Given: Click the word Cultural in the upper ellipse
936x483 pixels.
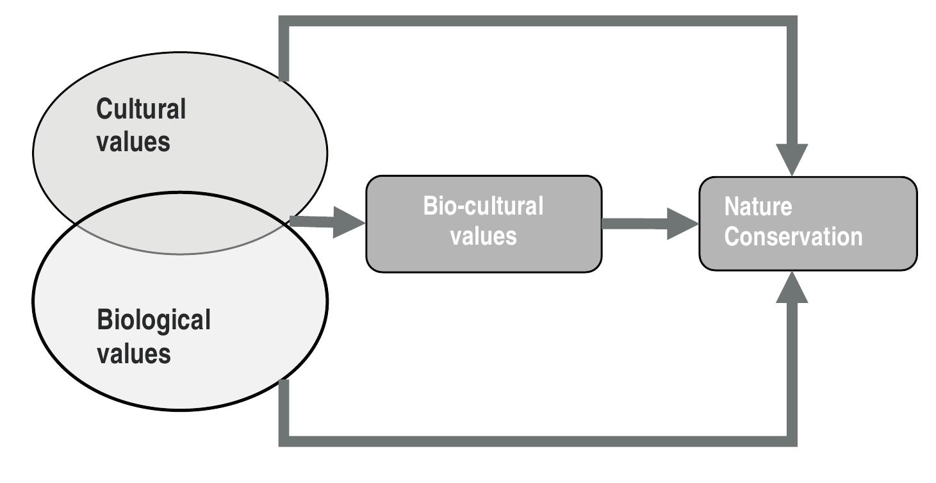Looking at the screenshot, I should (x=141, y=109).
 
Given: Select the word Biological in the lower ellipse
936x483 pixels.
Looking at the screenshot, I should (x=153, y=320).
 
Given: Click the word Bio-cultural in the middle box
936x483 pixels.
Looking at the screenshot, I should (x=483, y=206).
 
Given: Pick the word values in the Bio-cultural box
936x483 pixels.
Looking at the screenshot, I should (x=483, y=236).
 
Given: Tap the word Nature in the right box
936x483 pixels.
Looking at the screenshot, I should (x=758, y=207).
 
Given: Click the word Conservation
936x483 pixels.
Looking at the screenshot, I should (x=793, y=236).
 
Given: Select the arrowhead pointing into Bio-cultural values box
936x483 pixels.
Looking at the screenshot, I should (x=349, y=223).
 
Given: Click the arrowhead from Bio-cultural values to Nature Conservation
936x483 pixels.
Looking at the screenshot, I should (x=682, y=224).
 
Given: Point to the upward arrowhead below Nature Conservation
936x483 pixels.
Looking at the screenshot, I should (x=792, y=286).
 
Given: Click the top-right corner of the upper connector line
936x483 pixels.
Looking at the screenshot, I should (x=792, y=21).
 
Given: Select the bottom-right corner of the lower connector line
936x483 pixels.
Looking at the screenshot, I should (x=792, y=441).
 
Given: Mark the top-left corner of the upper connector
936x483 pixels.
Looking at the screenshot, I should (x=284, y=21).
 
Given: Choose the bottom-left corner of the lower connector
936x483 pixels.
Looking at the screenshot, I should (x=284, y=441).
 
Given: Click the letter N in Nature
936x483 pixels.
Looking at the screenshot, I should (x=732, y=207).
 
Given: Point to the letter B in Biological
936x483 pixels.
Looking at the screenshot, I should (x=104, y=320).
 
